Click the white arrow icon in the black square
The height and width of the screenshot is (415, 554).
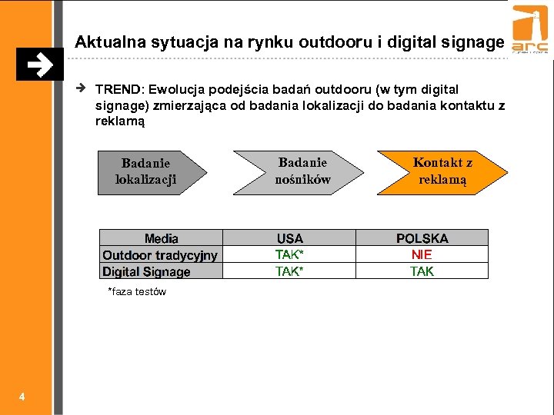click(39, 65)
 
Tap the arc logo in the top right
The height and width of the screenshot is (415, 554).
click(530, 35)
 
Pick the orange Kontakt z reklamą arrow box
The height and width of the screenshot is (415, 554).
click(442, 171)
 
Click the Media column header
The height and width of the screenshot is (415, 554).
click(161, 238)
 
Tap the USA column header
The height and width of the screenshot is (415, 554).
click(289, 238)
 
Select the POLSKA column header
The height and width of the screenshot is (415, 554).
click(422, 238)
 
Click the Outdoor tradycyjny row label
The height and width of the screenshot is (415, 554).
click(160, 255)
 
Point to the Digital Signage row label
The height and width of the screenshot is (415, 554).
click(146, 271)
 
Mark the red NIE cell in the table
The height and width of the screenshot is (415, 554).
click(422, 254)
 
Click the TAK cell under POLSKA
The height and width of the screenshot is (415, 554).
click(422, 271)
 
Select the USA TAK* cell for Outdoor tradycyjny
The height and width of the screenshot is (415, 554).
click(289, 254)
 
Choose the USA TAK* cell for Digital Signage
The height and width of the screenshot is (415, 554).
click(289, 271)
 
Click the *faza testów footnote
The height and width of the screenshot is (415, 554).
click(137, 292)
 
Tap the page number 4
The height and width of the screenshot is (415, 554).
click(22, 397)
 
